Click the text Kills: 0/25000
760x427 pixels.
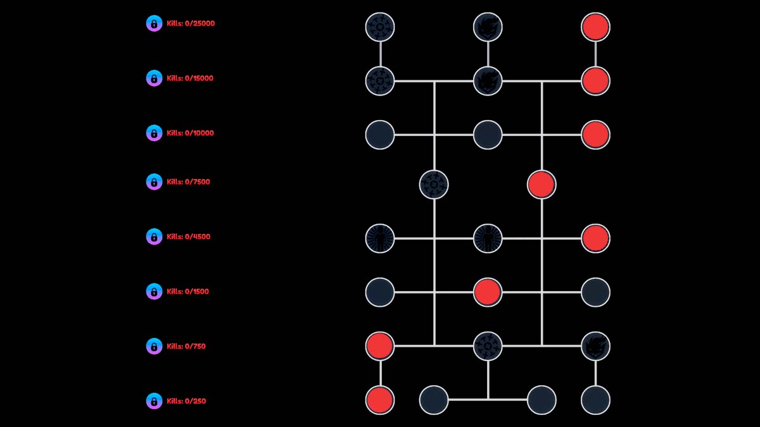tap(191, 23)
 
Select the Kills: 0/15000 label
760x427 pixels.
tap(190, 78)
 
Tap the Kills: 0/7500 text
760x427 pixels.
tap(188, 182)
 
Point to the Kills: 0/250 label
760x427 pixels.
tap(186, 401)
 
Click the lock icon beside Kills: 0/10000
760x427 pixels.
tap(154, 133)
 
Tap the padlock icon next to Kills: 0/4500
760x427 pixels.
tap(154, 237)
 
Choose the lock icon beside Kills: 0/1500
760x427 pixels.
tap(154, 292)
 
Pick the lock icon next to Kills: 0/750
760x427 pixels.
tap(154, 346)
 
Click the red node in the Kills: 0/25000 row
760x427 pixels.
tap(595, 27)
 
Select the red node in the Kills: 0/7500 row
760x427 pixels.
tap(541, 185)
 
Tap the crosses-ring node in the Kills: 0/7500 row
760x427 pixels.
tap(434, 185)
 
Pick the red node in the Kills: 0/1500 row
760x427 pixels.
tap(488, 292)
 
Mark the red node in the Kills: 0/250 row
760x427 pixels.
tap(380, 400)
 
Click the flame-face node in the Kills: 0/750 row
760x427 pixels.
tap(595, 346)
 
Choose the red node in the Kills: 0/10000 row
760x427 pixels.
tap(595, 135)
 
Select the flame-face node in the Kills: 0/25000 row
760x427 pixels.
tap(488, 27)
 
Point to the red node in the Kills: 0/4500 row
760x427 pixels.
tap(595, 238)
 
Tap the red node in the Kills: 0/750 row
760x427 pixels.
tap(380, 346)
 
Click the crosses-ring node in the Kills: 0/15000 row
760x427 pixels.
tap(380, 81)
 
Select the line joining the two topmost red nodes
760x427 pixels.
tap(595, 54)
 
